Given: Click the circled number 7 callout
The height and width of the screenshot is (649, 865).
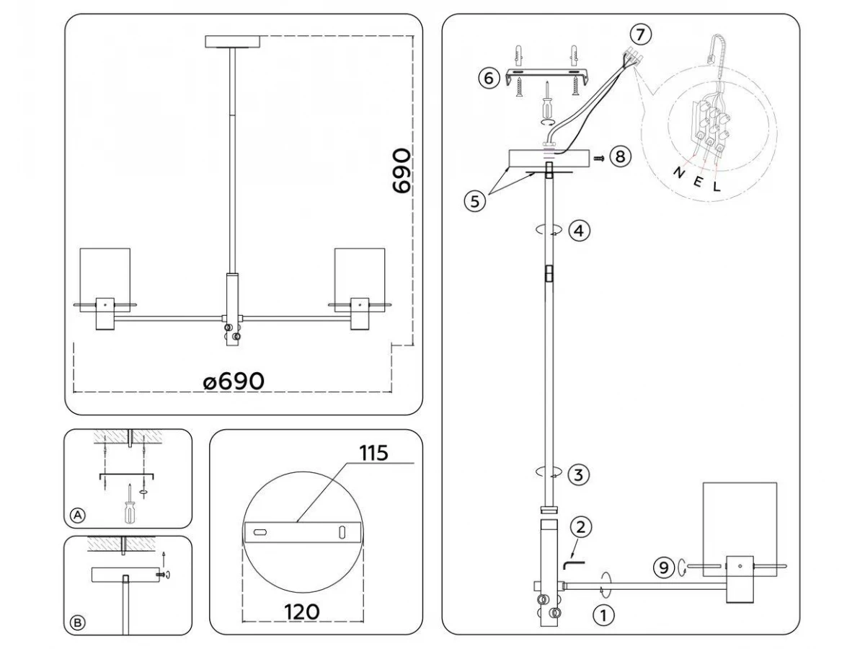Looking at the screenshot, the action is (x=640, y=35).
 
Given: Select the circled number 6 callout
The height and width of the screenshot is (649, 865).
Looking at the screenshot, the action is (x=489, y=78).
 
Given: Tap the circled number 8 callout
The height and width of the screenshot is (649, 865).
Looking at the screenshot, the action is (x=621, y=156).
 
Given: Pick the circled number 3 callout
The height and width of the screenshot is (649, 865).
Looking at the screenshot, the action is (x=579, y=474).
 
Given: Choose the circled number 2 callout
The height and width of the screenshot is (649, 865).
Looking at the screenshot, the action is (x=581, y=527).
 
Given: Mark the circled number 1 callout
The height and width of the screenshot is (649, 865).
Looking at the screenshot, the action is (x=604, y=615).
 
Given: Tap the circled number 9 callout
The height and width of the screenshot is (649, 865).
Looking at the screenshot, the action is (x=664, y=568).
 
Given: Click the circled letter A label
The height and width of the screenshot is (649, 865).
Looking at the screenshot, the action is (x=78, y=515).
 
